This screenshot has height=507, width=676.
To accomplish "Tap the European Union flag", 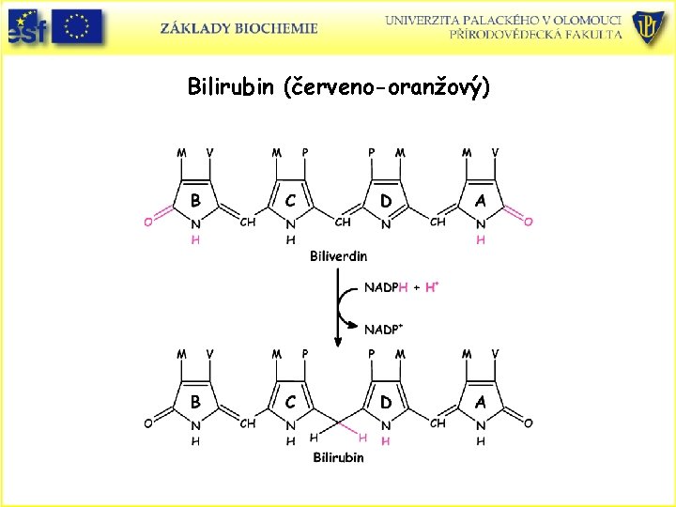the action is [x=78, y=26].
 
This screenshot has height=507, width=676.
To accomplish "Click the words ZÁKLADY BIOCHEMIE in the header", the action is [x=239, y=28].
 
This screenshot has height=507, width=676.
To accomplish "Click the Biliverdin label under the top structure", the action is [x=338, y=255].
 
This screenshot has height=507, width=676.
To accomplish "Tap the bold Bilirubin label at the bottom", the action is [x=338, y=457].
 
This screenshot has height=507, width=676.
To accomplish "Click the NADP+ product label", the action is [x=384, y=330].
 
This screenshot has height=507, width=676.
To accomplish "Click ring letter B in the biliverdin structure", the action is [x=195, y=200].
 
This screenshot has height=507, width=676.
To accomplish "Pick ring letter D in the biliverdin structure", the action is [x=386, y=200].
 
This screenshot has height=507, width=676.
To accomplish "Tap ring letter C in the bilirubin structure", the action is [x=291, y=401].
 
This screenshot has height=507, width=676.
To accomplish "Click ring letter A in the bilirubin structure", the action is [x=481, y=401].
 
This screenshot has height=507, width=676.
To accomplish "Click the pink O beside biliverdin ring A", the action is [x=529, y=222].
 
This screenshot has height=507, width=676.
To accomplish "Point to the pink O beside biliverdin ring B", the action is [x=148, y=222].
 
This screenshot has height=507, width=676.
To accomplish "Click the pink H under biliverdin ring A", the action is [x=481, y=239].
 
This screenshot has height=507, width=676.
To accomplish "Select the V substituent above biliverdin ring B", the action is [x=209, y=151].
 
